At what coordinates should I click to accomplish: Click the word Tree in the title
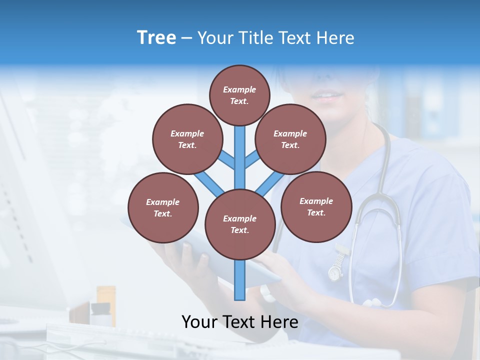tap(156, 37)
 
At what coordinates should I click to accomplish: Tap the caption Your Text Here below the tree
tap(239, 322)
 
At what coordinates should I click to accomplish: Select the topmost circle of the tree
tap(239, 95)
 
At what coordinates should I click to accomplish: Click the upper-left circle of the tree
tap(187, 139)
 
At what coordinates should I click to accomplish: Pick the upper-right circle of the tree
tap(290, 139)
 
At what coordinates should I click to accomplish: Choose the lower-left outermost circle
tap(163, 207)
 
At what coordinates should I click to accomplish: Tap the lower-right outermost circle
tap(316, 206)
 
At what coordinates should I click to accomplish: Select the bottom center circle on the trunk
tap(240, 224)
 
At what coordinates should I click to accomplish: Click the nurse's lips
tap(327, 95)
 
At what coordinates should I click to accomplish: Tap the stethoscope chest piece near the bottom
tap(372, 303)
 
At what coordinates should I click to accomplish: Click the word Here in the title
tap(335, 38)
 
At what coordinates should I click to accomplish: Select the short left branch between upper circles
tap(226, 159)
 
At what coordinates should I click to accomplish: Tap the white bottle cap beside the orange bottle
tap(100, 308)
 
